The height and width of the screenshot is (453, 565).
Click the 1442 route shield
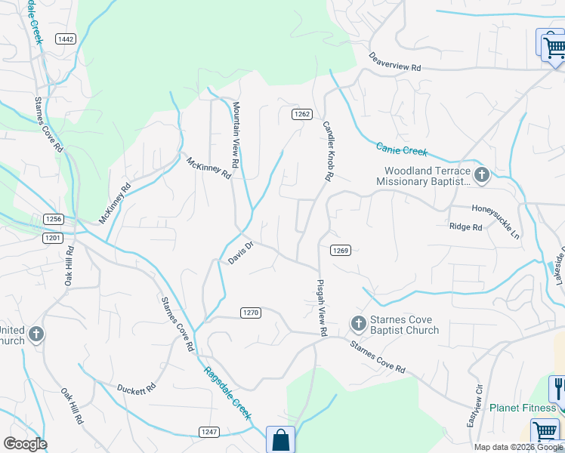(x=66, y=39)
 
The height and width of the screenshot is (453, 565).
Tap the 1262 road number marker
(x=302, y=114)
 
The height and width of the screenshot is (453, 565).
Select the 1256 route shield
(x=53, y=218)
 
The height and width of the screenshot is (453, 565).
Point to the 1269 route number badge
(x=338, y=250)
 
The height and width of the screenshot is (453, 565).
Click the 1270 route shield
(x=251, y=312)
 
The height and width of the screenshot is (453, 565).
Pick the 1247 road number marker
(x=209, y=432)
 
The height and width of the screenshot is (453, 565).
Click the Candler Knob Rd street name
(x=328, y=151)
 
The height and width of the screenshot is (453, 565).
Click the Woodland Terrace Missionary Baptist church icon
(x=482, y=176)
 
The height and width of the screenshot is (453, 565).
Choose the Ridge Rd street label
(x=465, y=226)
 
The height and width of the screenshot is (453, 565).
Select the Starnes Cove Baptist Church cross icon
(x=358, y=325)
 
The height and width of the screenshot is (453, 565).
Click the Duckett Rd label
(x=136, y=388)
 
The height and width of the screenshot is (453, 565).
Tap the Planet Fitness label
(x=523, y=408)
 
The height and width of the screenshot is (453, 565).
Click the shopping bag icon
(x=280, y=440)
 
